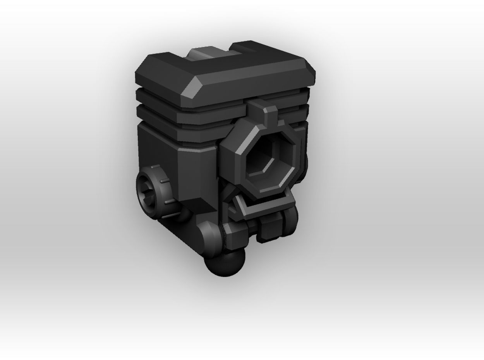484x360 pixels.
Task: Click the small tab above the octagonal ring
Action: (x=271, y=114)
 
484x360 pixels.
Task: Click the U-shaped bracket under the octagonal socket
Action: (x=263, y=207)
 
